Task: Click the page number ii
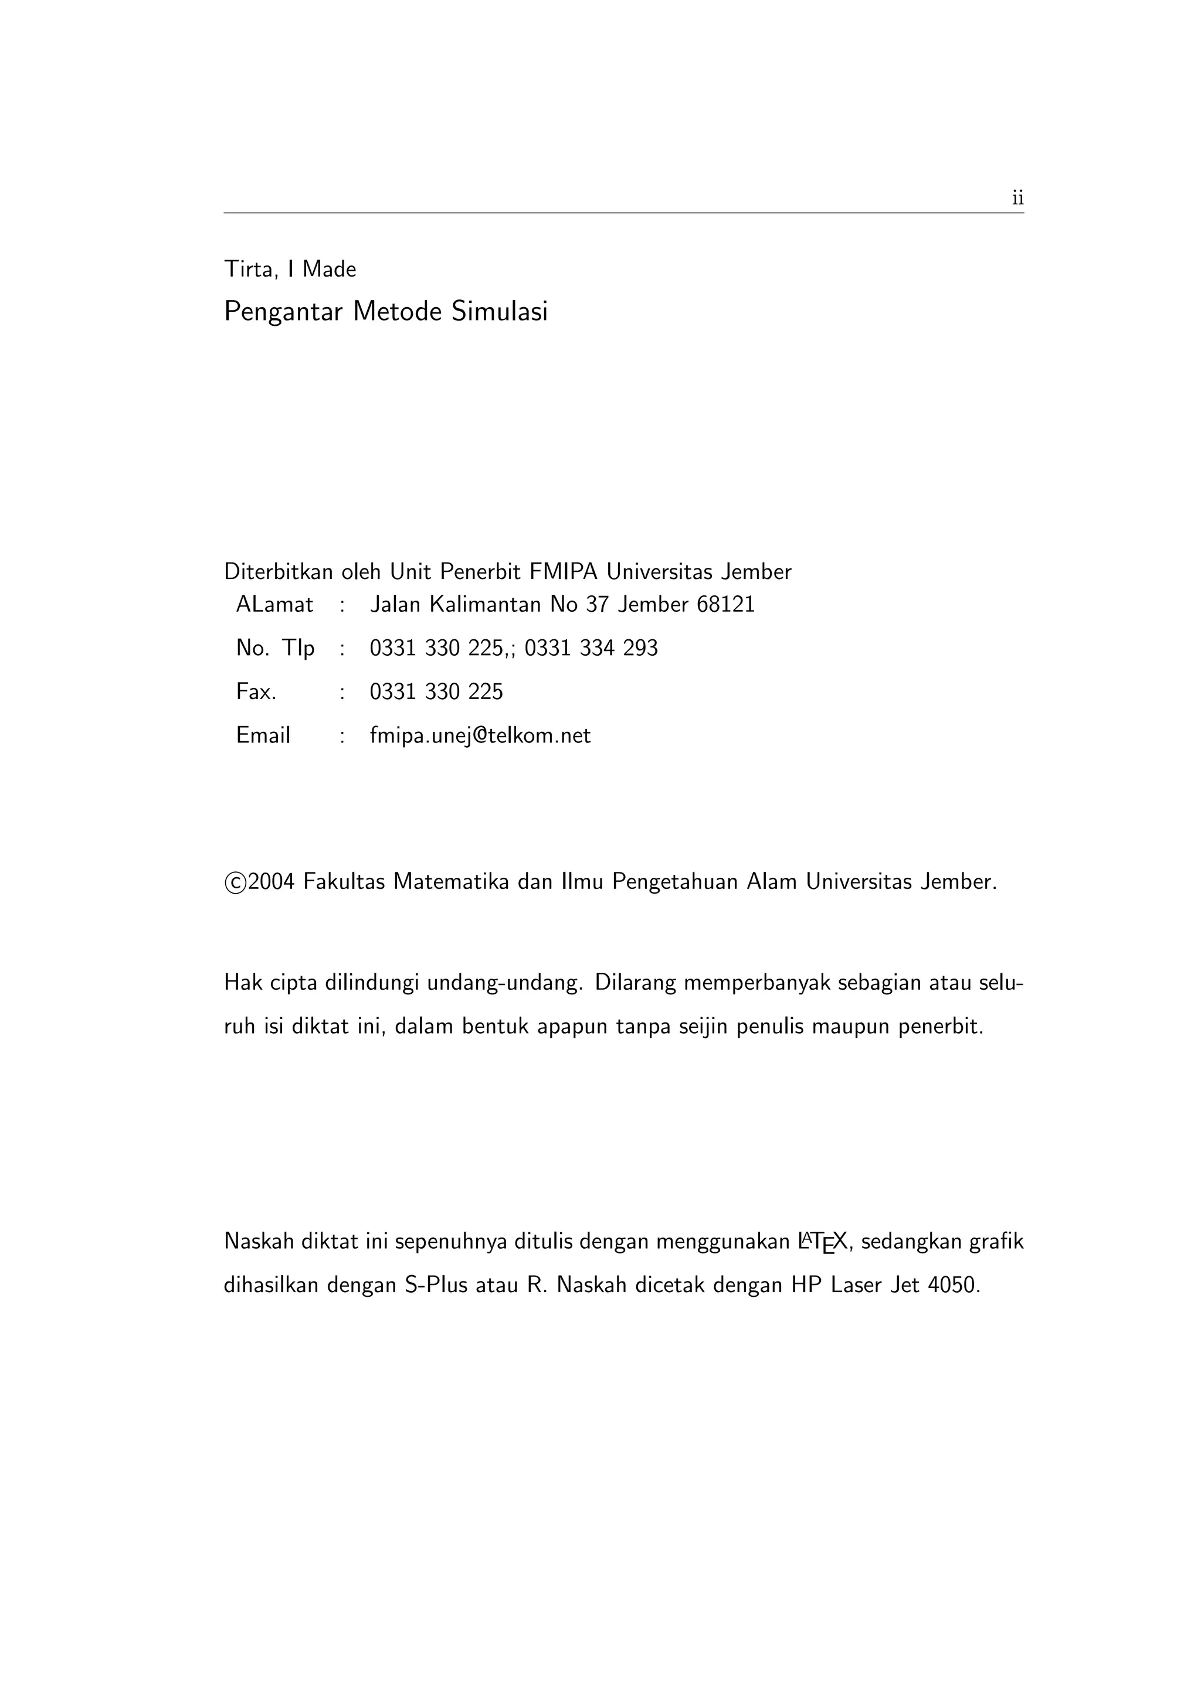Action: click(1017, 198)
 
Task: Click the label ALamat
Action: click(274, 605)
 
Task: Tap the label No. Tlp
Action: click(275, 648)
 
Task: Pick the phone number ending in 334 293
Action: click(591, 648)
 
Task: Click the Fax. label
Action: click(256, 693)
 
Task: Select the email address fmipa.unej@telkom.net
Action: click(480, 736)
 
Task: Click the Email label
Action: click(263, 736)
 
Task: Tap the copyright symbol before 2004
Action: click(235, 883)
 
